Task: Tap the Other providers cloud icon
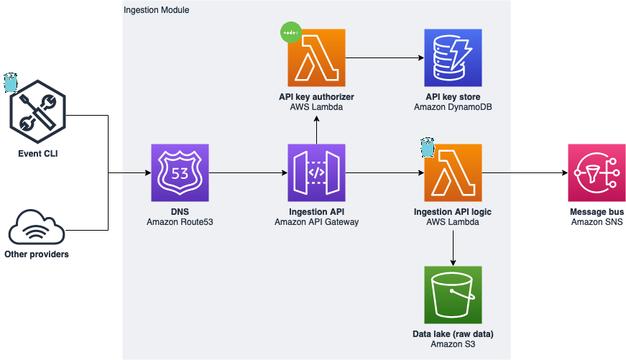pos(37,229)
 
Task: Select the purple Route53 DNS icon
pos(180,172)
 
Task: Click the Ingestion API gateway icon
pos(316,172)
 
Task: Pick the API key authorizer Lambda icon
pos(316,57)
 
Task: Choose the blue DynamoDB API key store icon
pos(453,57)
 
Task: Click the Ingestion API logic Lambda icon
pos(453,172)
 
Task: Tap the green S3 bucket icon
pos(453,295)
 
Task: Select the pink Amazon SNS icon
pos(597,172)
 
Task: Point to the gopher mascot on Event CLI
pos(10,83)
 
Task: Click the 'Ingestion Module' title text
pos(157,11)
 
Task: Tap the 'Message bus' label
pos(597,212)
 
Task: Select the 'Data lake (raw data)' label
pos(453,334)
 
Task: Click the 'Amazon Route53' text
pos(180,223)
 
